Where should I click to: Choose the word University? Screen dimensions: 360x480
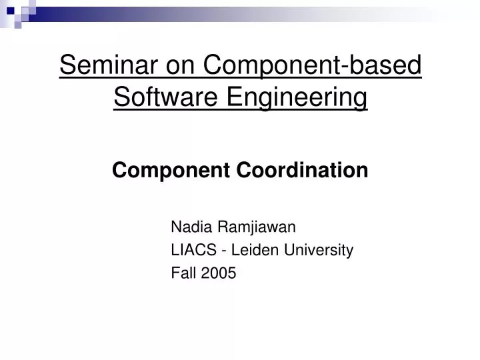(316, 250)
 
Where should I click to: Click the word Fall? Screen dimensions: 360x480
(183, 272)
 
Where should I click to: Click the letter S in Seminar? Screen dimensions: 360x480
(67, 66)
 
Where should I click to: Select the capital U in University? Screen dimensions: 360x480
(285, 250)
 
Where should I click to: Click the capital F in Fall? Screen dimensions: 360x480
(175, 272)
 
